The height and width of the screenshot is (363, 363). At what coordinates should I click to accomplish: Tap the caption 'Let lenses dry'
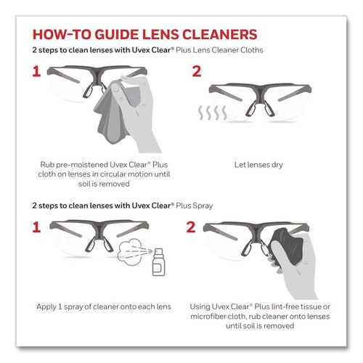coord(264,165)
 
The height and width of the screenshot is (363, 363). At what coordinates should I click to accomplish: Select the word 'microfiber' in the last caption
coord(219,319)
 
